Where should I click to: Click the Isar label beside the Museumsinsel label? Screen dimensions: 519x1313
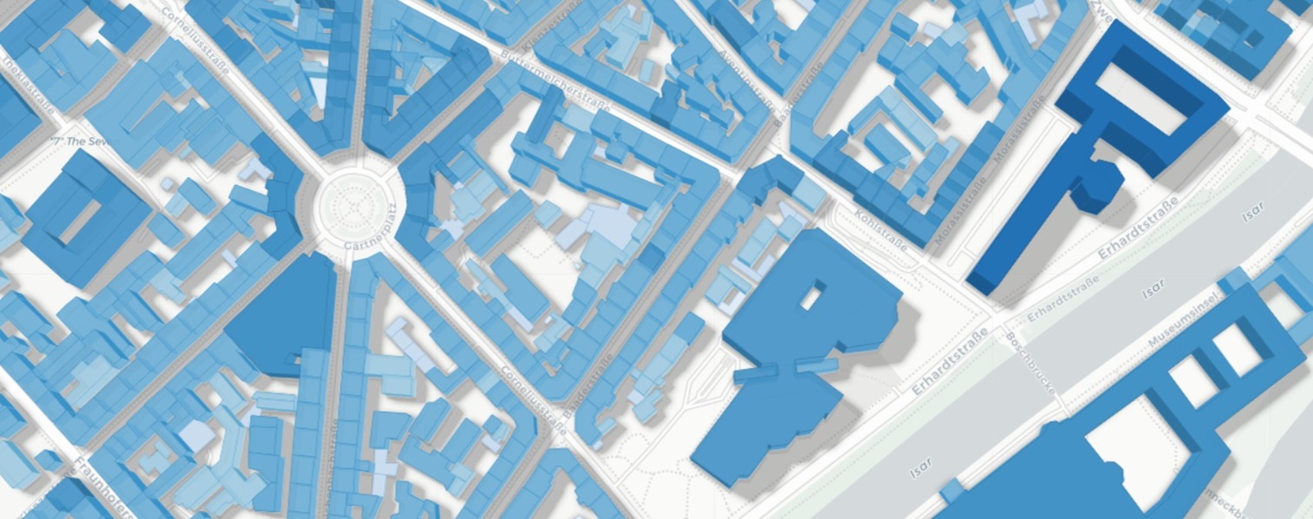[x=1153, y=288]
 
